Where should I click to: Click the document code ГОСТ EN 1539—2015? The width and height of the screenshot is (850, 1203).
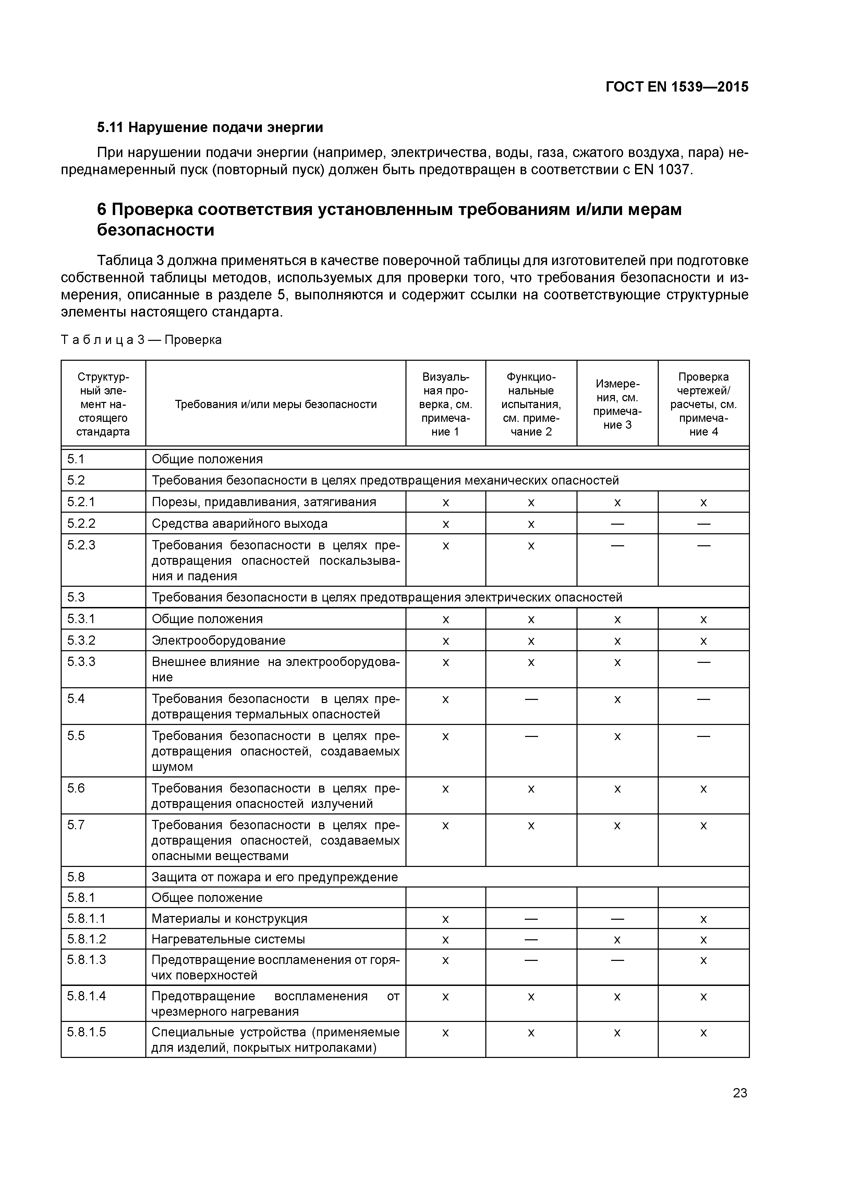677,87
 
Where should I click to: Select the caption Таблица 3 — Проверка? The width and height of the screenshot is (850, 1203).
142,340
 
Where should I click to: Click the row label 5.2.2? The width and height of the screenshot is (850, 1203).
81,523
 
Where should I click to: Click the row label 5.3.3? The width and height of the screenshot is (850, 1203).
81,662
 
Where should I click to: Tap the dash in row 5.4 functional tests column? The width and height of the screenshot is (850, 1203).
531,699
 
